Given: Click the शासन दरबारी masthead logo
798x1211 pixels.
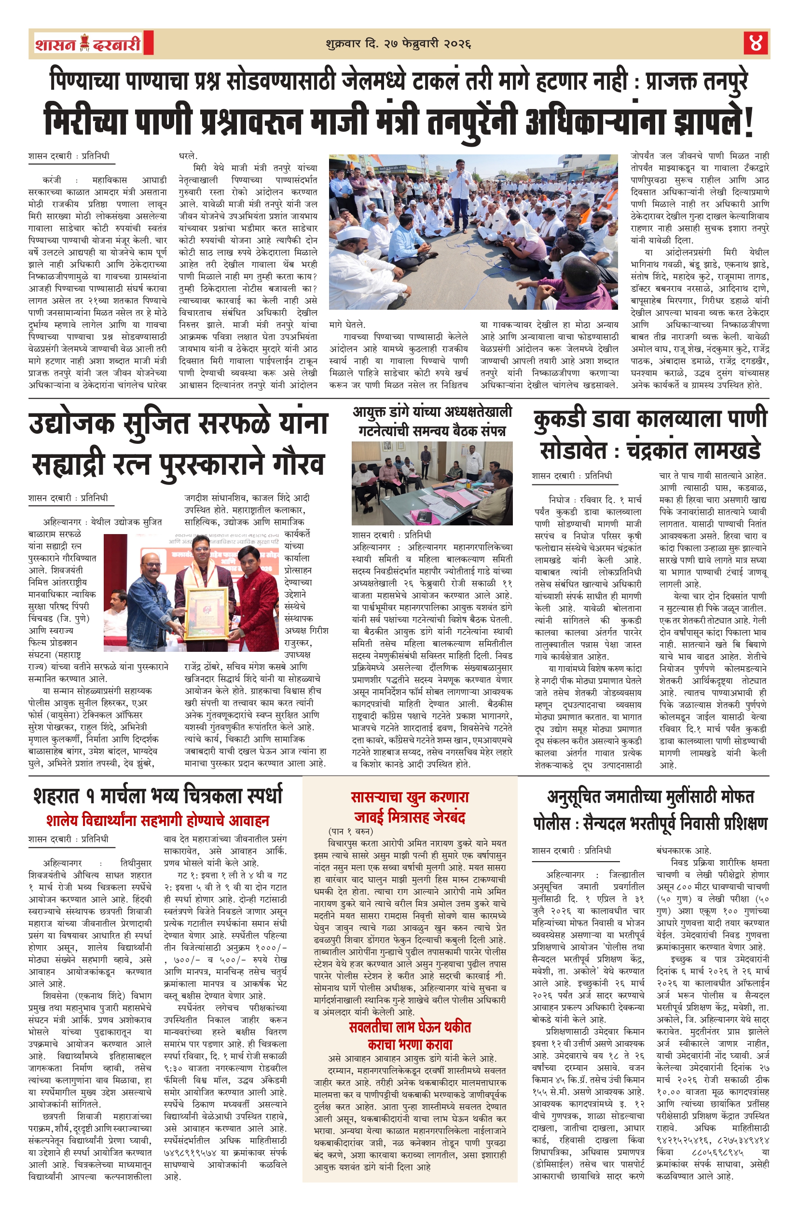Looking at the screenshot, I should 90,44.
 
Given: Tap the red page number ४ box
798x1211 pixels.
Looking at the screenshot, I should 755,43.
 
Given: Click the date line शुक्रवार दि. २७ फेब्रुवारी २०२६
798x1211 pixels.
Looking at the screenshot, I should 398,44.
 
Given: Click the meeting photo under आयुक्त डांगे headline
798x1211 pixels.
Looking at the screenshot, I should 432,483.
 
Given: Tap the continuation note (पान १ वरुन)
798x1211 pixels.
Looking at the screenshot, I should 351,831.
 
